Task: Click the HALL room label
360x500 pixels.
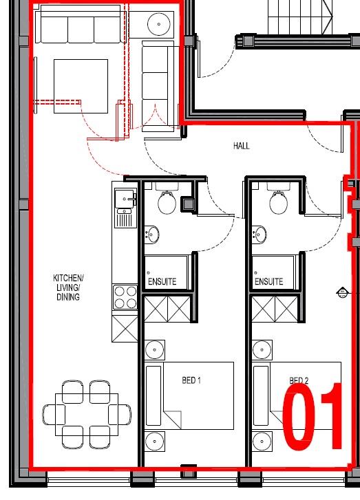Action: [241, 146]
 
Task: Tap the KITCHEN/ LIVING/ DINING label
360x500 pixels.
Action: [67, 287]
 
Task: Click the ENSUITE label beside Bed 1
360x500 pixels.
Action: [162, 281]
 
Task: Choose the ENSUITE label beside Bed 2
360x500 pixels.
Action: [268, 281]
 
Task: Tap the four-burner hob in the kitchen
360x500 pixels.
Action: [125, 297]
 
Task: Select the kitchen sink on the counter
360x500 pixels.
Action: [125, 199]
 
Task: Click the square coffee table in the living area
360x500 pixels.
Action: [81, 86]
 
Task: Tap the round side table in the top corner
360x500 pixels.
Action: [160, 23]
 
